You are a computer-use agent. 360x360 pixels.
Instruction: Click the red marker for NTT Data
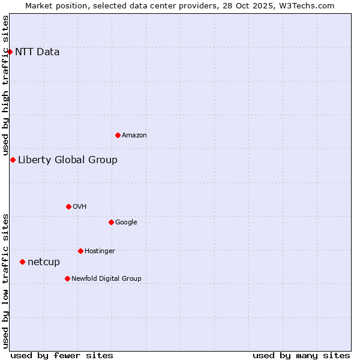click(10, 52)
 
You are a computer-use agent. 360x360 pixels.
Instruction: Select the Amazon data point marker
click(118, 135)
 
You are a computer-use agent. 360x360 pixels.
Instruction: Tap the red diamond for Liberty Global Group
click(13, 160)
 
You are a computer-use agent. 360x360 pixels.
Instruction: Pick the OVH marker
click(68, 206)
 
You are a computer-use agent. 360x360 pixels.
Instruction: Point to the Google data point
click(111, 222)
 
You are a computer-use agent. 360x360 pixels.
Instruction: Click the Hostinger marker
click(80, 251)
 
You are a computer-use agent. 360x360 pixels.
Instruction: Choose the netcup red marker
click(22, 262)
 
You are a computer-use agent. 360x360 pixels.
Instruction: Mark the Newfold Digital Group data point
click(67, 278)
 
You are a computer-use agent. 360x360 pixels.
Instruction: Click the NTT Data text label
click(37, 52)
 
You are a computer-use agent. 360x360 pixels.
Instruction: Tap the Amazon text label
click(134, 136)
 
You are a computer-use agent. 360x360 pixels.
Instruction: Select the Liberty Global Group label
click(68, 160)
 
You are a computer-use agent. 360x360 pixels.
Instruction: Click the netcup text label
click(44, 262)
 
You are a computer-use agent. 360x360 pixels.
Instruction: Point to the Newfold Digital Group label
click(107, 278)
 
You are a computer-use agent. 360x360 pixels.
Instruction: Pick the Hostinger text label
click(100, 251)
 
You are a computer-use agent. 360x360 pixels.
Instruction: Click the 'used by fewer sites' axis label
click(62, 355)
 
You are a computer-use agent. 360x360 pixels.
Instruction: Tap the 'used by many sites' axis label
click(301, 355)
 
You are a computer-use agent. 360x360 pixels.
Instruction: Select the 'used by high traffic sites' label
click(6, 85)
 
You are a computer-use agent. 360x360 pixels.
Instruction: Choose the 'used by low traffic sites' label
click(6, 281)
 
